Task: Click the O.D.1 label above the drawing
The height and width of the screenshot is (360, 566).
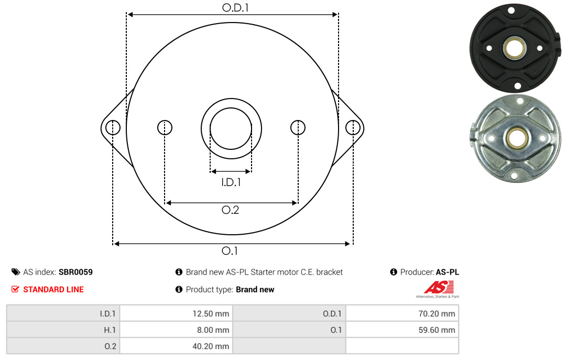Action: (235, 7)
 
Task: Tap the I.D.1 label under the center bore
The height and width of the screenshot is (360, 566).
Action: (231, 182)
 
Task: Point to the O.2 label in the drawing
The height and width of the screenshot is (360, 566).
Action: (230, 210)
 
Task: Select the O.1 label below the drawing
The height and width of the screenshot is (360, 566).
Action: (230, 250)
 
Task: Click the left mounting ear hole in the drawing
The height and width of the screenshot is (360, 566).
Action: (113, 127)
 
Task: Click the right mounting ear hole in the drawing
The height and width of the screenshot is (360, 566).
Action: (353, 127)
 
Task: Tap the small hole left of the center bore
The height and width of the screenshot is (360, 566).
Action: (165, 127)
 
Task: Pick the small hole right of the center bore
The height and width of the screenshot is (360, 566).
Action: (298, 127)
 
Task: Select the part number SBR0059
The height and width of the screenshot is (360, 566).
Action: (76, 272)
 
